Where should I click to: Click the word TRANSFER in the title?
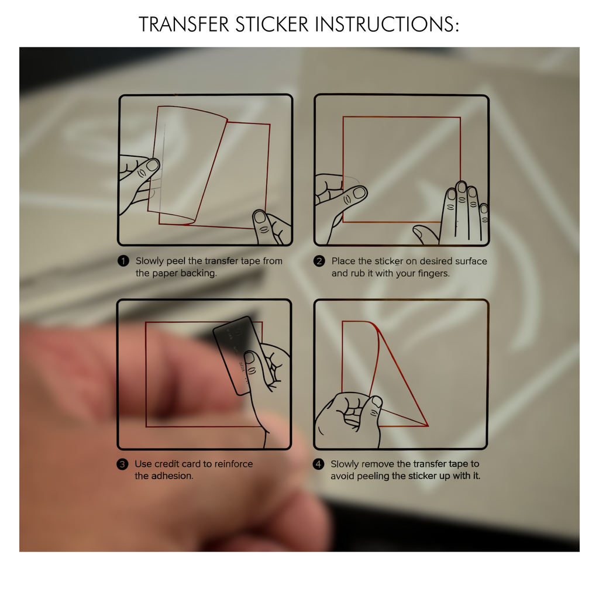click(184, 25)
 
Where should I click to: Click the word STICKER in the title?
click(271, 25)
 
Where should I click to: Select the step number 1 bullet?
click(123, 261)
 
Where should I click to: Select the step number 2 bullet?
click(319, 261)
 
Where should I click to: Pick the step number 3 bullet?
click(122, 464)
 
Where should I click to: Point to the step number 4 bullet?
click(318, 464)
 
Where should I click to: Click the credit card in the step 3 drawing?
click(237, 355)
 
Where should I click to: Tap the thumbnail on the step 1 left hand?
click(153, 165)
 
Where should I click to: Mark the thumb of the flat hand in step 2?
click(425, 233)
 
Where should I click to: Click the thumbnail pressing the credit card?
click(249, 358)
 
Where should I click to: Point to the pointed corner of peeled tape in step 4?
click(428, 425)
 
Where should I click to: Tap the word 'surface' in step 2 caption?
click(473, 261)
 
